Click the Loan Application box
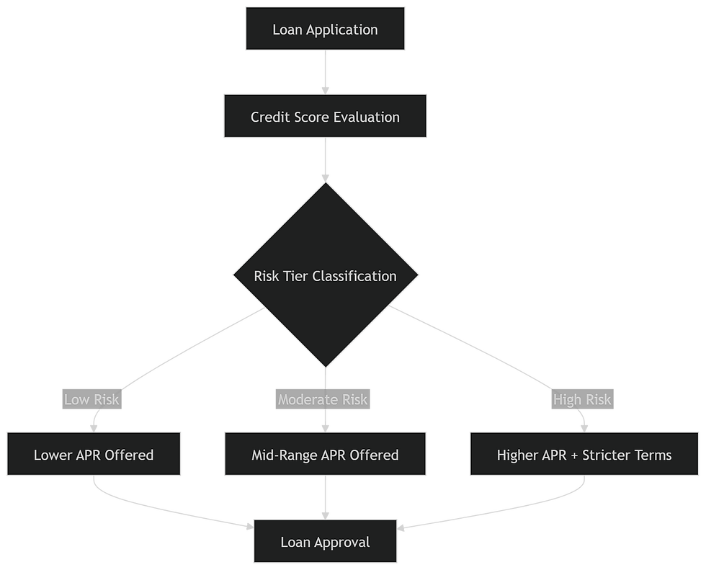pyautogui.click(x=325, y=30)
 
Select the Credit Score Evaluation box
pyautogui.click(x=325, y=116)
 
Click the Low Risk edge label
pyautogui.click(x=92, y=399)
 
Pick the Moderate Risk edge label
pyautogui.click(x=323, y=399)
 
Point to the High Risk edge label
pyautogui.click(x=582, y=399)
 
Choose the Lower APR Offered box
pyautogui.click(x=94, y=455)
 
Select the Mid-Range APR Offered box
pyautogui.click(x=325, y=455)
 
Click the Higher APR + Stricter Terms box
pyautogui.click(x=584, y=455)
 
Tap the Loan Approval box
pyautogui.click(x=325, y=542)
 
